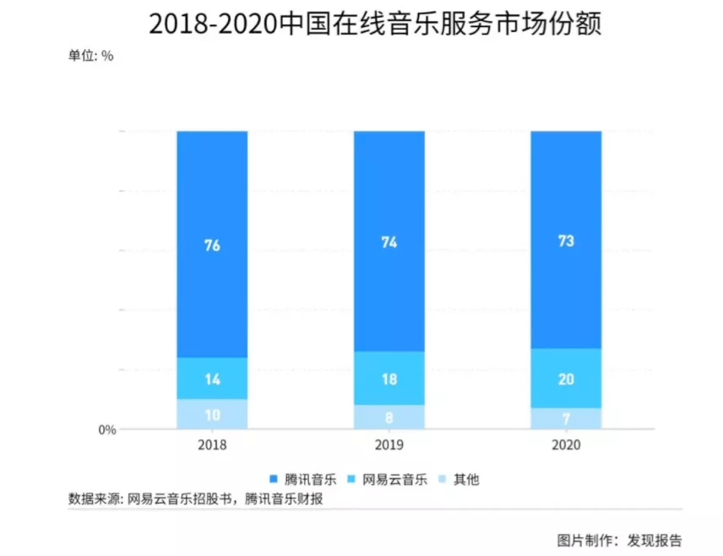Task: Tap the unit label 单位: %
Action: coord(90,57)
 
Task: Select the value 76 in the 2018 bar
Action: coord(212,246)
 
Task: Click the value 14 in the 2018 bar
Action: coord(212,379)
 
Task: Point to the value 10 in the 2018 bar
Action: coord(212,415)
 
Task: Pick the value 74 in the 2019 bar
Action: coord(389,243)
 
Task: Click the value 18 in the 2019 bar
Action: coord(389,379)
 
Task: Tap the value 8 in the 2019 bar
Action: coord(389,417)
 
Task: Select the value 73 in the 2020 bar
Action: coord(566,241)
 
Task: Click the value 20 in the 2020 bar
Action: coord(566,379)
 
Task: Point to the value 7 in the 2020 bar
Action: coord(566,419)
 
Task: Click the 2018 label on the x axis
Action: coord(212,444)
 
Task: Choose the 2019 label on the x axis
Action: coord(389,444)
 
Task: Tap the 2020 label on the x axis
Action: coord(566,444)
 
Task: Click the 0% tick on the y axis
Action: coord(107,430)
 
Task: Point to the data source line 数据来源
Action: coord(195,499)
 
